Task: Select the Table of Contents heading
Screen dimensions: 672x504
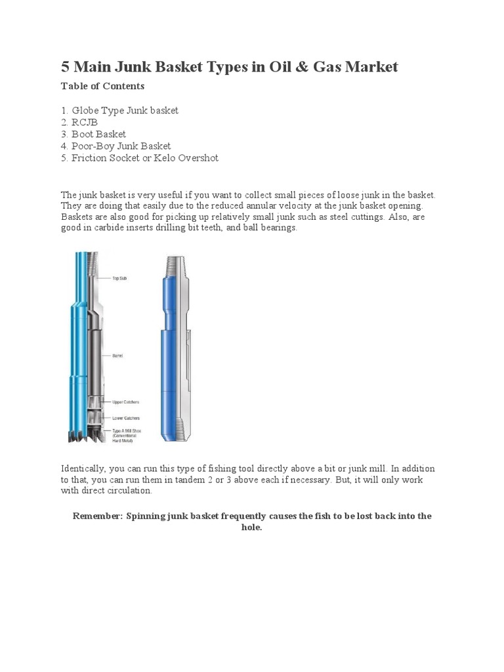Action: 102,86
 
